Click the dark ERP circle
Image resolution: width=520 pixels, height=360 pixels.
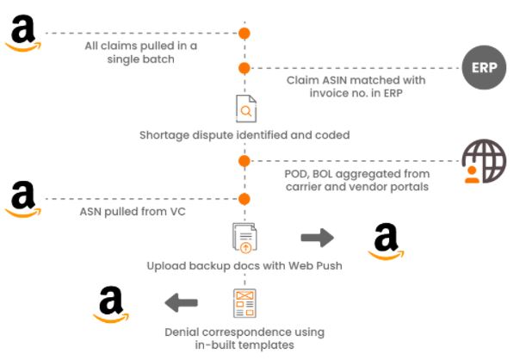[485, 68]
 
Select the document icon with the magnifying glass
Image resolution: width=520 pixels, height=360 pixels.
[245, 109]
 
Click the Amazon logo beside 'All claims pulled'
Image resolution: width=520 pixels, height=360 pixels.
[23, 33]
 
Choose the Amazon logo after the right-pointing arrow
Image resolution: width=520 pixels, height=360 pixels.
[386, 240]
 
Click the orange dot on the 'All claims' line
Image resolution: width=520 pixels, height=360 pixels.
[245, 34]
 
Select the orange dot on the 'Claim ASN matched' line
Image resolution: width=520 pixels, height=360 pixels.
[245, 67]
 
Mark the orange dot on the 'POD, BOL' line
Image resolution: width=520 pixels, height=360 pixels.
[245, 160]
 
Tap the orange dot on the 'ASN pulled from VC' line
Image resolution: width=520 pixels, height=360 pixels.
[245, 199]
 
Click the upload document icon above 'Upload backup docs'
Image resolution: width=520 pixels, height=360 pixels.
[245, 237]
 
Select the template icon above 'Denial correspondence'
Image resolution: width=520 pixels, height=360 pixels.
[245, 302]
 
